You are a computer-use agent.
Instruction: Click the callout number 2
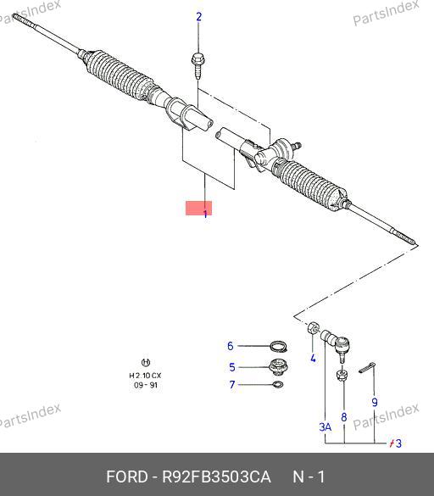pos(198,17)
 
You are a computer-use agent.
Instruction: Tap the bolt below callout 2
pos(198,66)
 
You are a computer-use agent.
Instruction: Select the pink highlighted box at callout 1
pos(198,208)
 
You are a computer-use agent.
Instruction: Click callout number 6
pos(231,346)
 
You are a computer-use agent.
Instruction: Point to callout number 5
pos(232,367)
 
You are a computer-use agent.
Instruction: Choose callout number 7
pos(232,384)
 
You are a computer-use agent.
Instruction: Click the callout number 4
pos(313,358)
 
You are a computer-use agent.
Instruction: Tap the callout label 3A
pos(325,427)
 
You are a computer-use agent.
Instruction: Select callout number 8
pos(344,417)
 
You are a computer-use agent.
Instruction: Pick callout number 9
pos(375,402)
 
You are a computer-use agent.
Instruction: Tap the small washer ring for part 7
pos(278,385)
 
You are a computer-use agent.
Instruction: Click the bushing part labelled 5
pos(278,367)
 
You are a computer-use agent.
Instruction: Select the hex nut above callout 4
pos(313,327)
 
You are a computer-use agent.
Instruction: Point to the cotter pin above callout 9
pos(367,368)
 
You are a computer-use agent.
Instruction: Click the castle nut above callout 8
pos(342,375)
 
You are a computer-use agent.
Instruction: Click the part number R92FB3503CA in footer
pos(216,476)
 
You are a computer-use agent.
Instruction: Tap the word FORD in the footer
pos(127,476)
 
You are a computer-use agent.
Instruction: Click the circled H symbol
pos(145,362)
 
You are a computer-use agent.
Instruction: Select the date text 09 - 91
pos(146,385)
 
